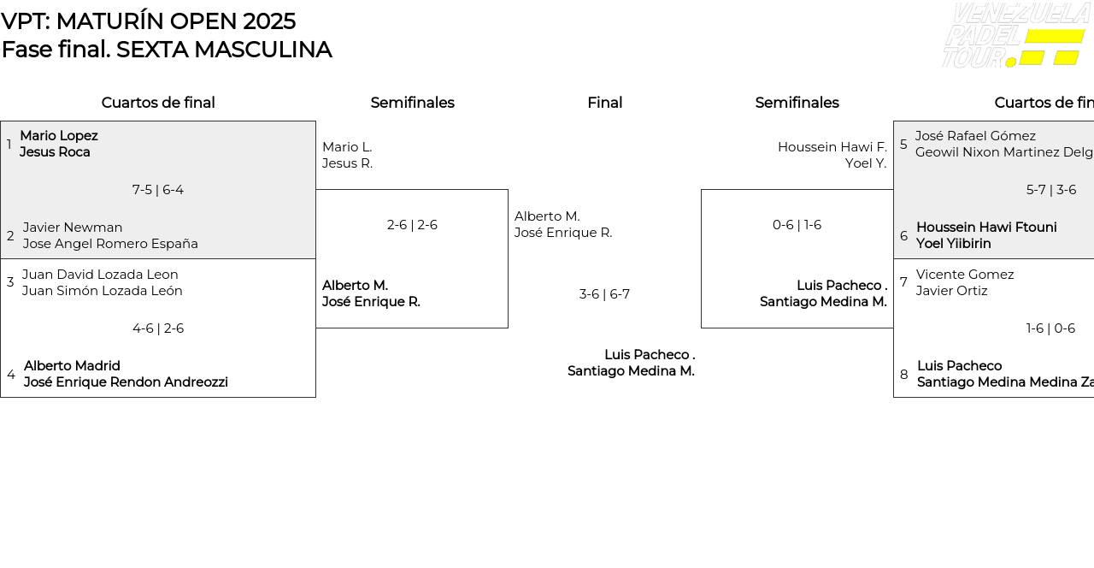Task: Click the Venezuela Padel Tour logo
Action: pyautogui.click(x=1015, y=36)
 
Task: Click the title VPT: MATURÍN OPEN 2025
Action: pyautogui.click(x=149, y=21)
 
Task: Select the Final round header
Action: pyautogui.click(x=604, y=103)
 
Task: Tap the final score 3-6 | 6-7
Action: pyautogui.click(x=604, y=294)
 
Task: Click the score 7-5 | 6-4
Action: pyautogui.click(x=158, y=190)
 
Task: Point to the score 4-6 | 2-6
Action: pyautogui.click(x=158, y=328)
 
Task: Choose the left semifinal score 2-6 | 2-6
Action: pyautogui.click(x=412, y=225)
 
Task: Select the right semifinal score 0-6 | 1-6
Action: pyautogui.click(x=797, y=225)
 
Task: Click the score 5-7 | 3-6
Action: pyautogui.click(x=1051, y=190)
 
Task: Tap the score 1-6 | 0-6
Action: pyautogui.click(x=1051, y=328)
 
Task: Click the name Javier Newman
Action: pyautogui.click(x=73, y=228)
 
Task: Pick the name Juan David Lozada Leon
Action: pyautogui.click(x=100, y=275)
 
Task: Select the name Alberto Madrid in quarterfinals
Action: pyautogui.click(x=72, y=366)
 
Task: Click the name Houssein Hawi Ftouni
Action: pyautogui.click(x=986, y=228)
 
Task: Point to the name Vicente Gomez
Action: pyautogui.click(x=965, y=275)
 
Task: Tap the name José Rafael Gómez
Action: pyautogui.click(x=975, y=136)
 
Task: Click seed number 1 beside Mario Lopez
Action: pyautogui.click(x=9, y=145)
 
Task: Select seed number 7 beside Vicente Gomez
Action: pyautogui.click(x=903, y=282)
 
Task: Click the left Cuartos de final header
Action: pyautogui.click(x=158, y=103)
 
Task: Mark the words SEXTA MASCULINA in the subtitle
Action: pyautogui.click(x=224, y=50)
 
